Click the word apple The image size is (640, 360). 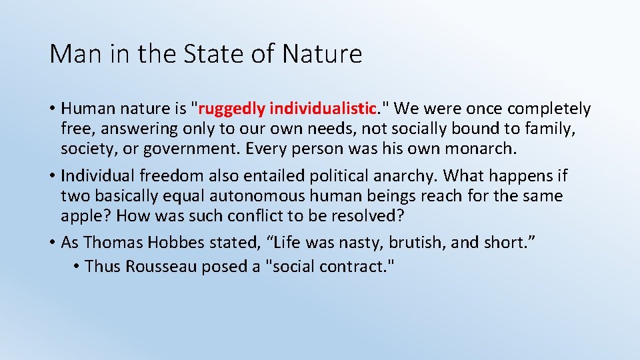[x=81, y=215]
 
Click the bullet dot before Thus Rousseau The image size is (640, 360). [x=77, y=267]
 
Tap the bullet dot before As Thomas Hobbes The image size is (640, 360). [x=53, y=243]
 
